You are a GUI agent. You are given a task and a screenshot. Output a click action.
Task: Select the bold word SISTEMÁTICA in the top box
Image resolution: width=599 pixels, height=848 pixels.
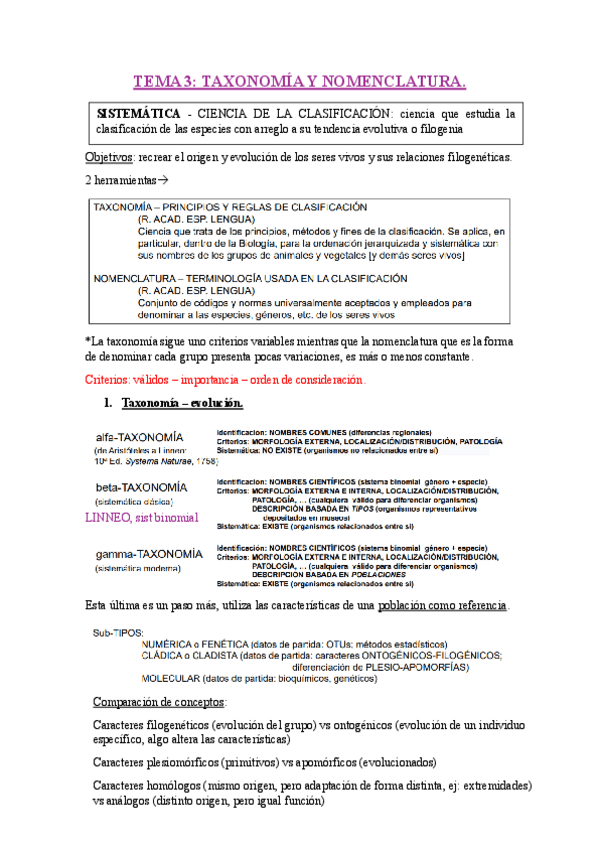138,113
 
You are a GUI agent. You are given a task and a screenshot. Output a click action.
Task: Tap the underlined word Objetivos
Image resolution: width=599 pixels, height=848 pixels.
108,158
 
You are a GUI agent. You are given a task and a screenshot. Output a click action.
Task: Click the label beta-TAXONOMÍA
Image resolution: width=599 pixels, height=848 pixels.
141,487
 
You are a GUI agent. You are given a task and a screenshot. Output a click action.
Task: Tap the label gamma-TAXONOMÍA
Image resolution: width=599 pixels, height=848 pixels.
149,553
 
